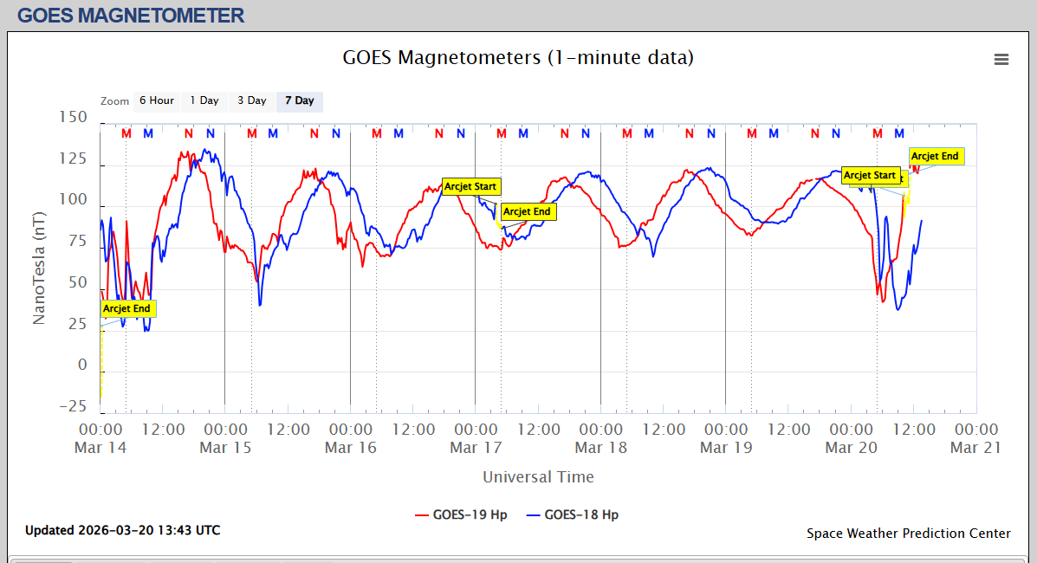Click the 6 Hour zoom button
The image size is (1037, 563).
tap(157, 101)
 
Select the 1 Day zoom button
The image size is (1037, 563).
tap(204, 101)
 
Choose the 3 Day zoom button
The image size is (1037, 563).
tap(252, 101)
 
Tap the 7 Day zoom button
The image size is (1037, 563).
tap(300, 101)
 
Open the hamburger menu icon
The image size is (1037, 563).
tap(1001, 60)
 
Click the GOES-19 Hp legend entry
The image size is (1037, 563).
tap(462, 514)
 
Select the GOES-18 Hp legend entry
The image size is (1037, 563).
tap(580, 514)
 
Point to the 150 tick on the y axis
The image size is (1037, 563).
tap(72, 118)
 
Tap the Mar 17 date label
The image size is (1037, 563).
tap(475, 448)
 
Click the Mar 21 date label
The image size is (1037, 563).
tap(975, 448)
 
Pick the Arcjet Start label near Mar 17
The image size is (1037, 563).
tap(470, 186)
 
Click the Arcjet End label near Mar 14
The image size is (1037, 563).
tap(126, 308)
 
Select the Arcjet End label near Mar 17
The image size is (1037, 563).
tap(527, 211)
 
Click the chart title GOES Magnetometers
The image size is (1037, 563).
tap(518, 58)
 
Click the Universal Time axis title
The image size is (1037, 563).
tap(538, 477)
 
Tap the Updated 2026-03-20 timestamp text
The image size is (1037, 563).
tap(122, 530)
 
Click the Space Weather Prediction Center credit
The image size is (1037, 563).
tap(908, 534)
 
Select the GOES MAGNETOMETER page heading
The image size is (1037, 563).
tap(131, 16)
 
